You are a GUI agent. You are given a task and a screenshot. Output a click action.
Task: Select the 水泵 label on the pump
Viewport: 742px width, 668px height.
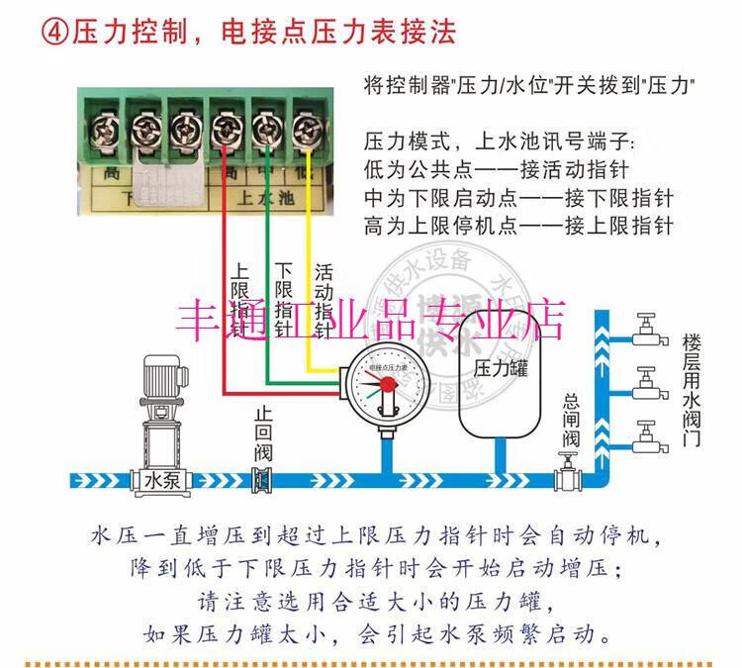coord(165,480)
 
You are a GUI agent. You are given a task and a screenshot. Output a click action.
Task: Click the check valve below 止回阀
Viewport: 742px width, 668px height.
coord(262,480)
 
